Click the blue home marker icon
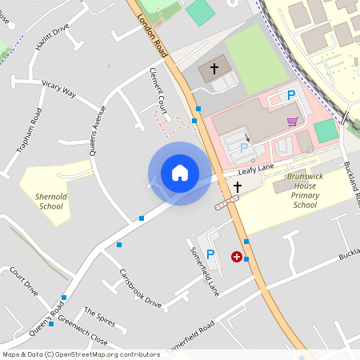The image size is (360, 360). coord(180,173)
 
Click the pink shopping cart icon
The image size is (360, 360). coord(293,122)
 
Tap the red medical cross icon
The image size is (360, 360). coord(237,257)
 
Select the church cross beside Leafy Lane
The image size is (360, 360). coord(237,187)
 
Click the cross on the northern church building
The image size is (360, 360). coord(214,70)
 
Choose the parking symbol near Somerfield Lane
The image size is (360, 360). coord(210,254)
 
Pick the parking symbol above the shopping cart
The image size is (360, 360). coord(291,95)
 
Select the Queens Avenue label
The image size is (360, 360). coord(98,130)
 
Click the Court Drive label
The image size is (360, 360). coord(24,282)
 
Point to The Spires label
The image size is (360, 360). coord(101,317)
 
